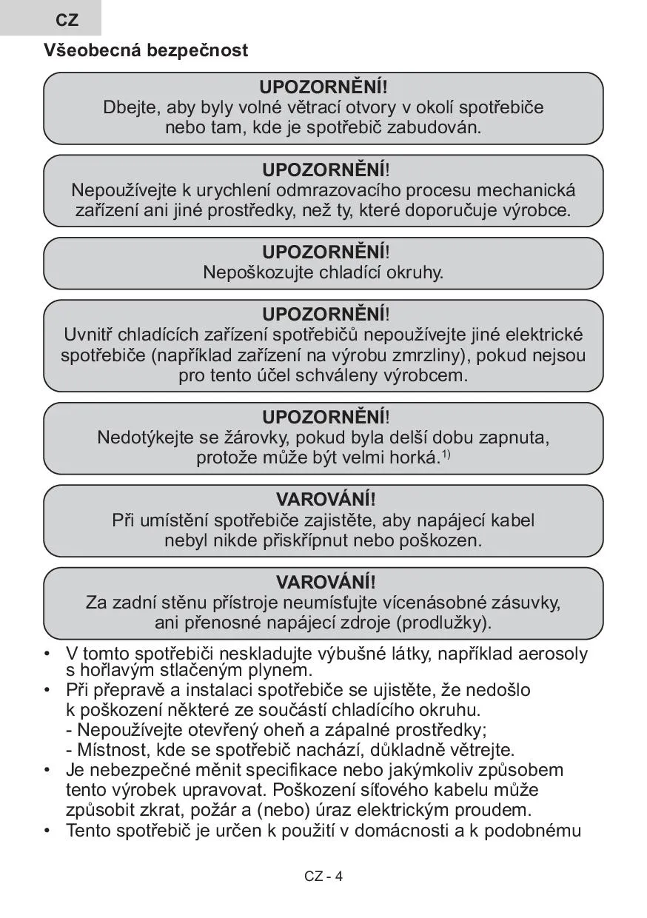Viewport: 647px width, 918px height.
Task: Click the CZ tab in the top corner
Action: tap(67, 20)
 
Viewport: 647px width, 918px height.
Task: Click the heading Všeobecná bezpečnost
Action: tap(146, 51)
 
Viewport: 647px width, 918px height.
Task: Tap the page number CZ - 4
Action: tap(323, 877)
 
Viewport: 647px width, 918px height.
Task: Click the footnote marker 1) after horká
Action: tap(446, 454)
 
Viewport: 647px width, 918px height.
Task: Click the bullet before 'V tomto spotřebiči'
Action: tap(47, 654)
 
